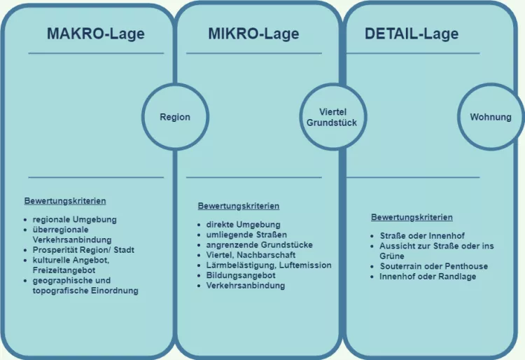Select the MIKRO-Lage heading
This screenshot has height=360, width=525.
pyautogui.click(x=253, y=33)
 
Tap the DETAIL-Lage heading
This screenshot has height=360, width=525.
pyautogui.click(x=412, y=33)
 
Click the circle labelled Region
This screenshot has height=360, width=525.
pyautogui.click(x=174, y=117)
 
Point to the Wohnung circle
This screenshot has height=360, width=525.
pyautogui.click(x=490, y=117)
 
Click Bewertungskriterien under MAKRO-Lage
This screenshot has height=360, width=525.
pyautogui.click(x=65, y=201)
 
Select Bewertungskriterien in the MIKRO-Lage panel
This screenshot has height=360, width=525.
pyautogui.click(x=239, y=206)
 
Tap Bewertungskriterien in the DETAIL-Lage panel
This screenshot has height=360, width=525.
pyautogui.click(x=412, y=217)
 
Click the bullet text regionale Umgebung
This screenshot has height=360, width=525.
pyautogui.click(x=75, y=219)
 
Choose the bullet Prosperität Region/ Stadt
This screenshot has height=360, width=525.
pyautogui.click(x=83, y=249)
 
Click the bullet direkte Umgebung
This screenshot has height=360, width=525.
pyautogui.click(x=243, y=224)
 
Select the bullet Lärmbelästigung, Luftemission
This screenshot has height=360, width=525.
pyautogui.click(x=269, y=265)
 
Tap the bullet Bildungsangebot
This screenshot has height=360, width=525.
pyautogui.click(x=241, y=275)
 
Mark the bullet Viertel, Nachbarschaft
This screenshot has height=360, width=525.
pyautogui.click(x=251, y=255)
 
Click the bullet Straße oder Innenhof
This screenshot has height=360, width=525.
pyautogui.click(x=422, y=236)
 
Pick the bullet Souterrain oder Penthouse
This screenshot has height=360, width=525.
pyautogui.click(x=434, y=266)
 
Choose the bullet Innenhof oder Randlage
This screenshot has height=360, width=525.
pyautogui.click(x=428, y=277)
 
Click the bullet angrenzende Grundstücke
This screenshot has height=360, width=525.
pyautogui.click(x=260, y=245)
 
